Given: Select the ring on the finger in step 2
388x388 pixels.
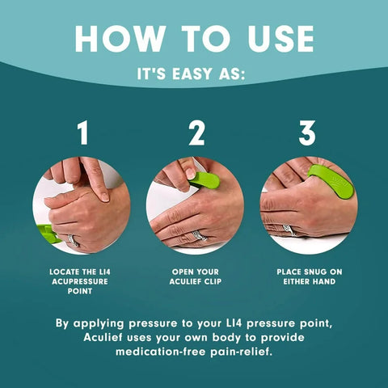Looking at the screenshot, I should [x=199, y=236].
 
